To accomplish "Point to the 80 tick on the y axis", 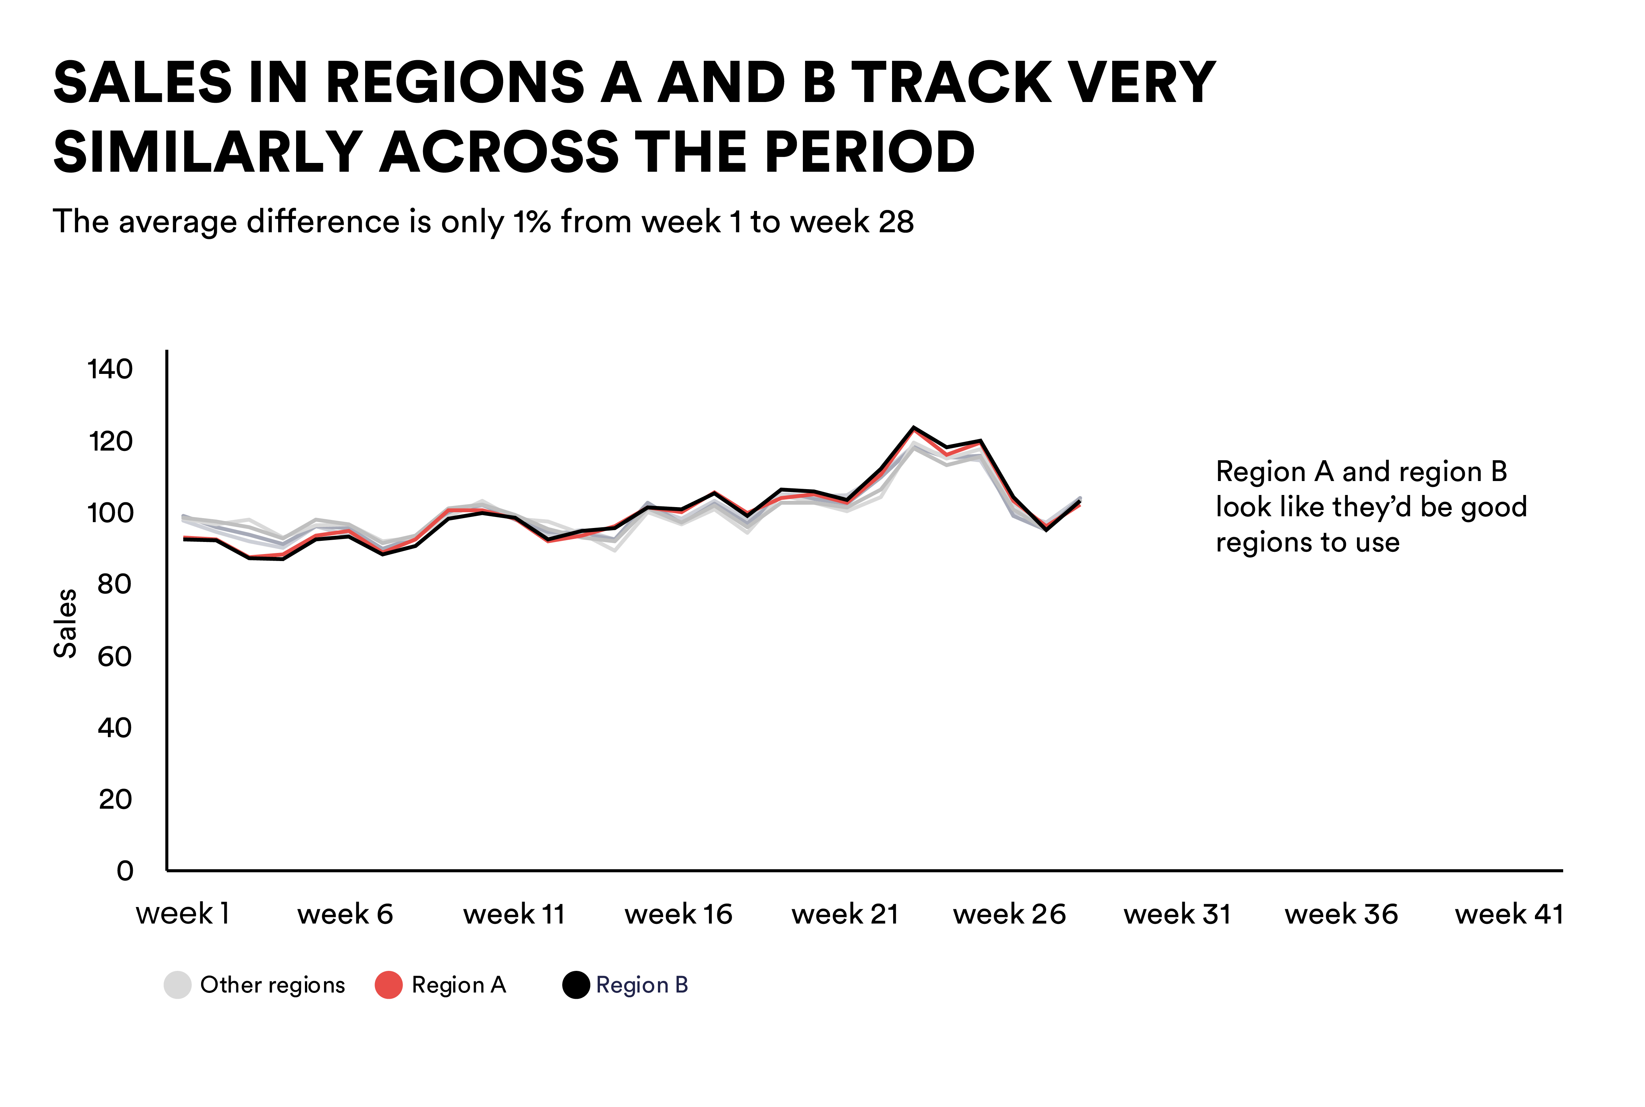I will [x=114, y=585].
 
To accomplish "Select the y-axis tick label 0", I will [x=125, y=871].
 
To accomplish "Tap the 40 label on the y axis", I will [x=114, y=728].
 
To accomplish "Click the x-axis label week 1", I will [x=183, y=914].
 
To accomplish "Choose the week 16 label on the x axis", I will [x=678, y=914].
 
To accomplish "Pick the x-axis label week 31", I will [x=1177, y=914].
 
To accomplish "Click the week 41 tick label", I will [x=1509, y=914].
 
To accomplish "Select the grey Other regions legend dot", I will [x=177, y=985].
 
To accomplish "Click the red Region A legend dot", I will [x=388, y=985].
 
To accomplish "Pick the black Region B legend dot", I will [x=576, y=985].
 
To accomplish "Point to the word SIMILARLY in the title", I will [x=208, y=152].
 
